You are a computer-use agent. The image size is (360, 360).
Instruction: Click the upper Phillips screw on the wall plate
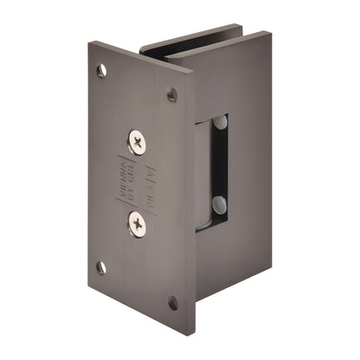[138, 140]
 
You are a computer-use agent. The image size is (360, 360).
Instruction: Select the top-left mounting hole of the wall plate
[102, 70]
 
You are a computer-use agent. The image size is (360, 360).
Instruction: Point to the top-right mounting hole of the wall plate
[172, 94]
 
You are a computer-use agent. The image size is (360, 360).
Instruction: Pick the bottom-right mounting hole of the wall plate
[173, 302]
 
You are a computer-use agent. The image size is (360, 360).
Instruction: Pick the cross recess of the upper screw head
[138, 140]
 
